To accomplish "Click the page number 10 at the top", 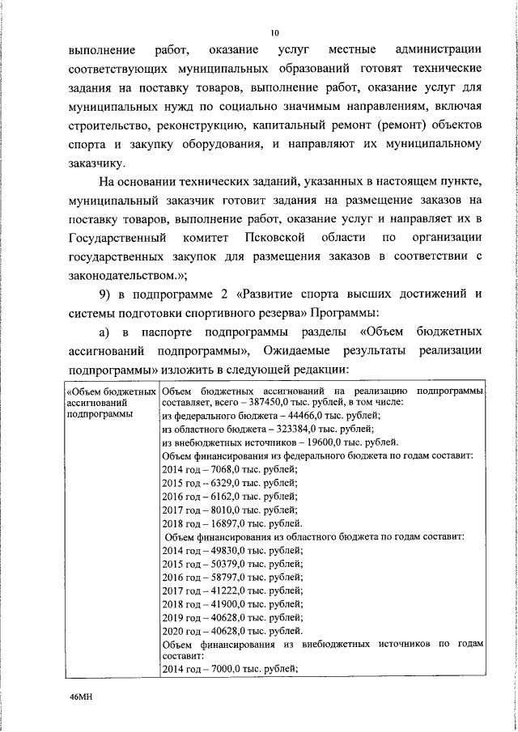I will [274, 33].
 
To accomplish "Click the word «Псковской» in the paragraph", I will [278, 239].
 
